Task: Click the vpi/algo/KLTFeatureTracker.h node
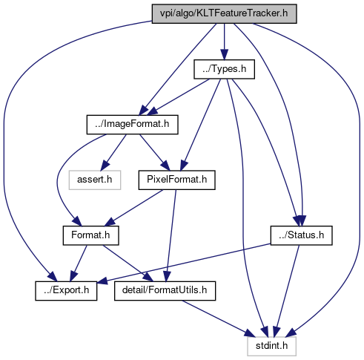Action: [x=224, y=14]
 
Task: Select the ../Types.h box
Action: [x=224, y=69]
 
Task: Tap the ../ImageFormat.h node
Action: [x=132, y=125]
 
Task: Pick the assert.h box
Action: [x=95, y=180]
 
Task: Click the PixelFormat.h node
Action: [x=176, y=180]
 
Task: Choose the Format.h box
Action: [x=90, y=235]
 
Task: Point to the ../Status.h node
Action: [x=301, y=235]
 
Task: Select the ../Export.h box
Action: [x=66, y=291]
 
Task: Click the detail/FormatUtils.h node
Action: [x=165, y=291]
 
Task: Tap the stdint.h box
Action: [x=271, y=347]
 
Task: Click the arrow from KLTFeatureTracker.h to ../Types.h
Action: [x=224, y=42]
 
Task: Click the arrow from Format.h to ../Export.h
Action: [x=79, y=264]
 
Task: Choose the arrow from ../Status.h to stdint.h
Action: [x=288, y=291]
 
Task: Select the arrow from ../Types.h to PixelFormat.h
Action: [x=200, y=125]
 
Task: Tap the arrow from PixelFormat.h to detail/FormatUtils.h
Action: [x=171, y=235]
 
